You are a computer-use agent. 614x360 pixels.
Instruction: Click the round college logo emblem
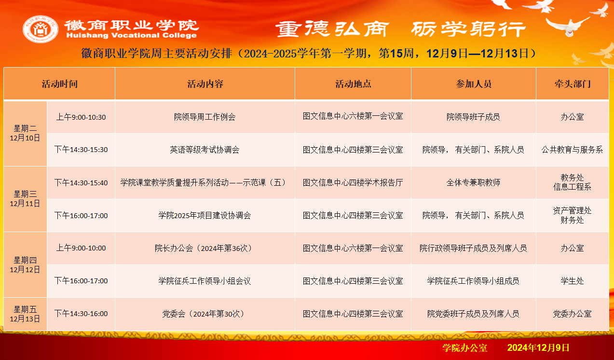(41, 29)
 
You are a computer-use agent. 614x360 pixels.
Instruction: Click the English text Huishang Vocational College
(132, 35)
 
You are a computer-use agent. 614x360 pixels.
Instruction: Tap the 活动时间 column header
(59, 83)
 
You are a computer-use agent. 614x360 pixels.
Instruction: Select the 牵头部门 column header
(573, 83)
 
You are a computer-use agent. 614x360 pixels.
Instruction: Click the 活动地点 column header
(353, 83)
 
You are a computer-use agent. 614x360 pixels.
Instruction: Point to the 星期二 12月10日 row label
(25, 133)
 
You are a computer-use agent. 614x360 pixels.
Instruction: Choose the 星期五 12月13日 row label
(25, 314)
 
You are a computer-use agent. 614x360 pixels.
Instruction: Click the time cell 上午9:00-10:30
(81, 117)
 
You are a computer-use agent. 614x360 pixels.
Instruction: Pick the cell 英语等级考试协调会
(205, 150)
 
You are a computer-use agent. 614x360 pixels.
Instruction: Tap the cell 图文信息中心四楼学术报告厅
(353, 182)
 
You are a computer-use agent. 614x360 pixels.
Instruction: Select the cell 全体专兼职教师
(473, 182)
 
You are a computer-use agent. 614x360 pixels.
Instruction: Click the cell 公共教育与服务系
(572, 150)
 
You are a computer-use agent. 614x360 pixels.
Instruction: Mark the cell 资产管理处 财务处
(572, 215)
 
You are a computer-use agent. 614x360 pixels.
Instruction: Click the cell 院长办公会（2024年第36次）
(205, 248)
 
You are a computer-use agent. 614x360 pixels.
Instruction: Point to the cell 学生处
(572, 281)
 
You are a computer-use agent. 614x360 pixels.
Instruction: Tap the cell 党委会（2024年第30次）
(205, 314)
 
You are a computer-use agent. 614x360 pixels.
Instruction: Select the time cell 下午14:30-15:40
(81, 182)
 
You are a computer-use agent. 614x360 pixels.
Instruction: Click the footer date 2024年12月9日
(538, 347)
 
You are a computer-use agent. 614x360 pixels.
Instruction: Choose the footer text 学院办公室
(465, 347)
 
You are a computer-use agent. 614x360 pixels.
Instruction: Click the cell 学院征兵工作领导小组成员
(473, 281)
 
